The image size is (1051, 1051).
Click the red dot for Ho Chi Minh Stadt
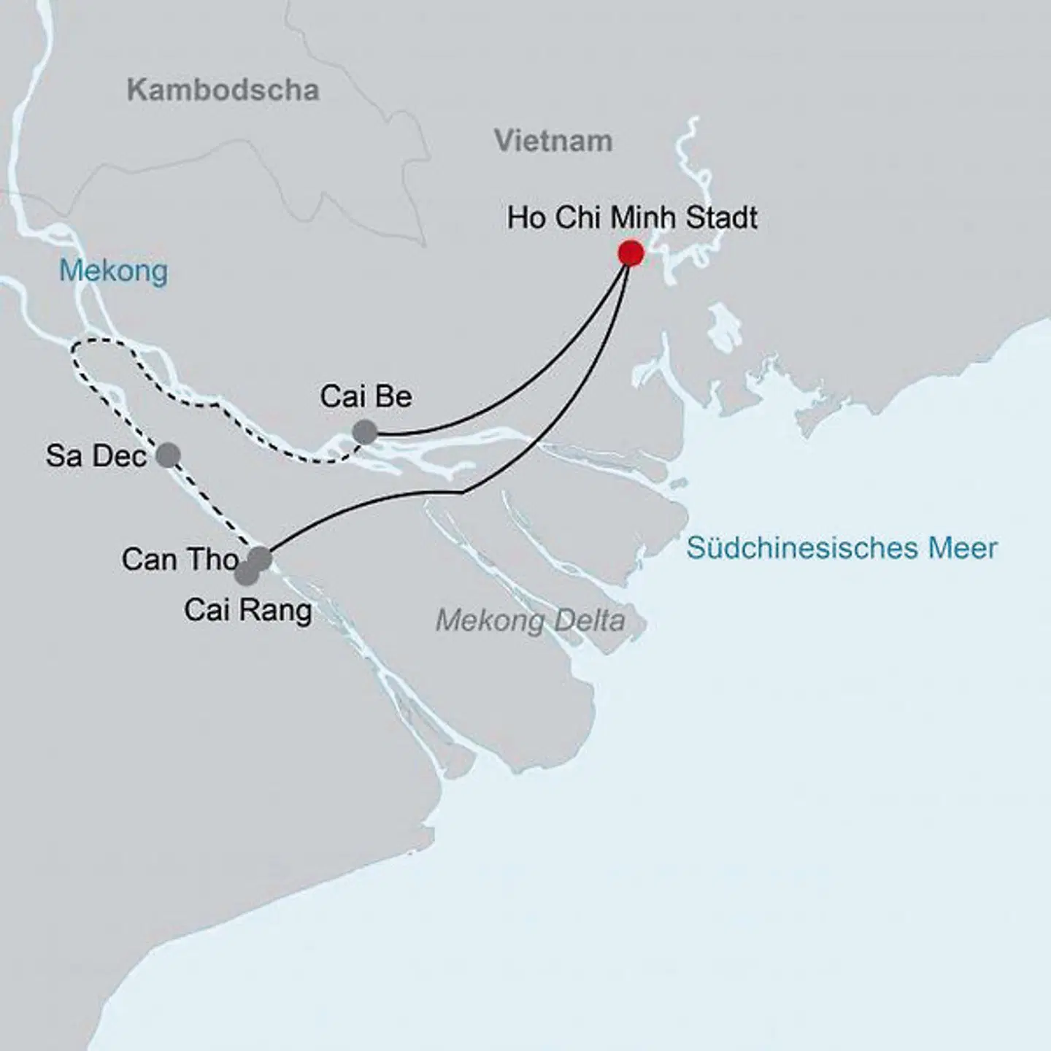pos(631,253)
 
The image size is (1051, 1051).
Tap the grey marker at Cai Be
pos(365,432)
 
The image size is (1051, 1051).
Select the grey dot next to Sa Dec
pos(168,455)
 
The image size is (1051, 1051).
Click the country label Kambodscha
pos(223,91)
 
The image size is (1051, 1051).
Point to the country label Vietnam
pos(553,141)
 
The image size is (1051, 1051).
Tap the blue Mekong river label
pos(113,271)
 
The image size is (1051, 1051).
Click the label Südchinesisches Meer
pos(842,548)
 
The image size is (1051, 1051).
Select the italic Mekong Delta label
pos(530,621)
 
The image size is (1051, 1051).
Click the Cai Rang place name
pos(247,610)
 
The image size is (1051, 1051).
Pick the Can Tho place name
pos(180,560)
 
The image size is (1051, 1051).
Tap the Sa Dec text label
pos(96,456)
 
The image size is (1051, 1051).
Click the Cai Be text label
pos(366,396)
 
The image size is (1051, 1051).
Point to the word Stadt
pos(721,217)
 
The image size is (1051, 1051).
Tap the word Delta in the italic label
pos(588,621)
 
